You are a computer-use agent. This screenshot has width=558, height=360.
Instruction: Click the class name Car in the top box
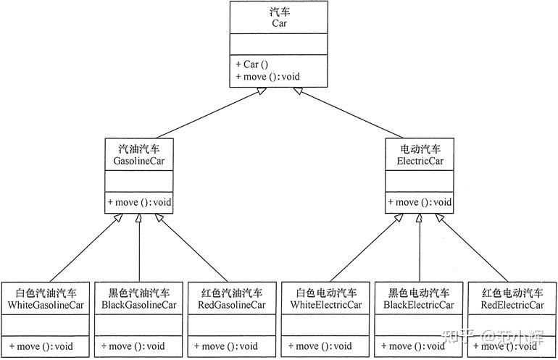pos(279,23)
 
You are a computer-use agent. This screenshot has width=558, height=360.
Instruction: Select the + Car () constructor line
pos(252,64)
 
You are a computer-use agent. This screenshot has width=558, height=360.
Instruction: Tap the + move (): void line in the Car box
pos(267,77)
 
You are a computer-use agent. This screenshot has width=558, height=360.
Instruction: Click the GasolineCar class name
pos(139,161)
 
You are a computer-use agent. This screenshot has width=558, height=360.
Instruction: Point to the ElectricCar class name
pos(420,161)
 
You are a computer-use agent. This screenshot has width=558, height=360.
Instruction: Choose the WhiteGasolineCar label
pos(46,305)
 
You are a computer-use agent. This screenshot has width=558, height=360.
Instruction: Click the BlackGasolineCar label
pos(139,305)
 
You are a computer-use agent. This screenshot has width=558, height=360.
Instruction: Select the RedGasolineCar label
pos(232,305)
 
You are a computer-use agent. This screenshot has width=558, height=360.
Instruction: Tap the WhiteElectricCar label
pos(325,305)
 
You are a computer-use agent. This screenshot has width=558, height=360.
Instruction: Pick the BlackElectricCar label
pos(419,305)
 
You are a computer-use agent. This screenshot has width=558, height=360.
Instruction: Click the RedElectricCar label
pos(512,305)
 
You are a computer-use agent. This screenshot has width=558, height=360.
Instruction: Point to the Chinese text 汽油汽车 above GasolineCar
pos(139,148)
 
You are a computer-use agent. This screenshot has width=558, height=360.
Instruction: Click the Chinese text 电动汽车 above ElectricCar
pos(420,148)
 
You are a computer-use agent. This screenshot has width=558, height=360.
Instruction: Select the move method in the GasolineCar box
pos(139,202)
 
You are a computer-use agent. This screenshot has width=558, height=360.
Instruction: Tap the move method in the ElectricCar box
pos(420,202)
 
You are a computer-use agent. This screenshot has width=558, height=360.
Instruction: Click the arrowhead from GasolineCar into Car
pos(262,91)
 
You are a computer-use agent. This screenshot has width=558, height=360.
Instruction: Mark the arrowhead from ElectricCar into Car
pos(298,91)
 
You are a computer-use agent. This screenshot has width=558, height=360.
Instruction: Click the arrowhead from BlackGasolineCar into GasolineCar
pos(139,218)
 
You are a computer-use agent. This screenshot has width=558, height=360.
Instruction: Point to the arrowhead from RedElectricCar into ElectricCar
pos(439,217)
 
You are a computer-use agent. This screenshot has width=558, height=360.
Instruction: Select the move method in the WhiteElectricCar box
pos(320,346)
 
